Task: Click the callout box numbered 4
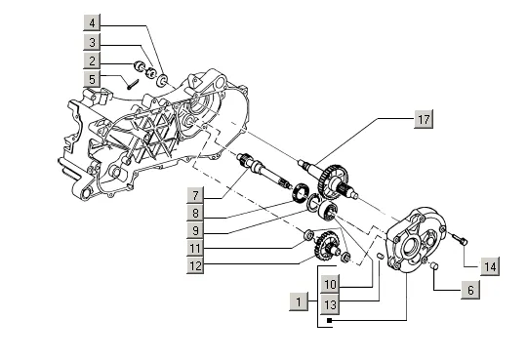point(92,22)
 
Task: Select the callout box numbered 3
point(92,42)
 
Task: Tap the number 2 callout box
point(92,60)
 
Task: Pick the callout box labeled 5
point(92,80)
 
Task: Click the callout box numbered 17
point(424,119)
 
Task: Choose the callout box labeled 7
point(195,195)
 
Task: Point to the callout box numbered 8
point(195,213)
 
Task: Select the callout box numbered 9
point(195,230)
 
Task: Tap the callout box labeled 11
point(195,249)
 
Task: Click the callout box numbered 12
point(195,266)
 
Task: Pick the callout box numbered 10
point(330,284)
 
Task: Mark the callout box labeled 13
point(330,304)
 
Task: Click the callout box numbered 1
point(299,301)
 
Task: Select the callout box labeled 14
point(490,266)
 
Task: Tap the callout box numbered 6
point(470,290)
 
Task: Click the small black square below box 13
point(330,321)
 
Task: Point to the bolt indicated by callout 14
point(459,239)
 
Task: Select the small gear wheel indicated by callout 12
point(325,247)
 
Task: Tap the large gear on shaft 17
point(332,181)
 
